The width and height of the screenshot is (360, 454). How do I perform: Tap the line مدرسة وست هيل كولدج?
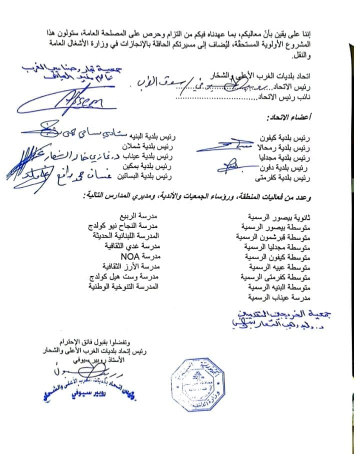126,277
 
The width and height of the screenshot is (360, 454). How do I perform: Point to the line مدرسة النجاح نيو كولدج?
127,227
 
